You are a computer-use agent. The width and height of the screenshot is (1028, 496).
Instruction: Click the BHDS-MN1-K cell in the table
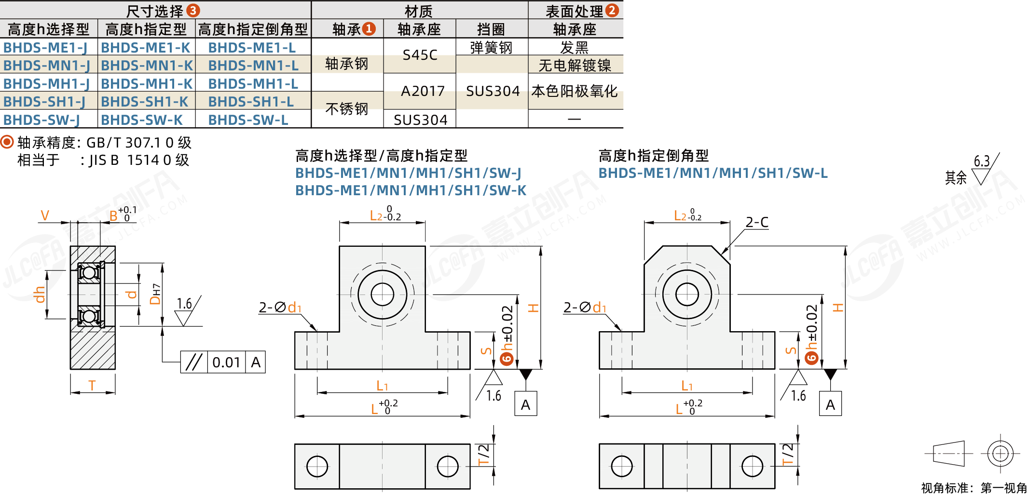click(147, 65)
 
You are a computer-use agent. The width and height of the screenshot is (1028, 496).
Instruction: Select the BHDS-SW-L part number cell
click(248, 120)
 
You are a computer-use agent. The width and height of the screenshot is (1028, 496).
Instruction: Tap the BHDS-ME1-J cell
click(45, 47)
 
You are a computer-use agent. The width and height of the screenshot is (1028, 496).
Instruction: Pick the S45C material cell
click(420, 55)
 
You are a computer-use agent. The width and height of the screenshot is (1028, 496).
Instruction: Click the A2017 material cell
click(423, 91)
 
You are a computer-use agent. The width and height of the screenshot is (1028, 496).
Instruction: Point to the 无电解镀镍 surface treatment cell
click(575, 65)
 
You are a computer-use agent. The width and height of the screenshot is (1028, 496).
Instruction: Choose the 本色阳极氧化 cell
click(575, 91)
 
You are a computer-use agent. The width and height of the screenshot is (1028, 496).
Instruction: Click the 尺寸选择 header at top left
click(155, 11)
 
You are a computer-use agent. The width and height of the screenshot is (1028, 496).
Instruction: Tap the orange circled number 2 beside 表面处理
click(612, 10)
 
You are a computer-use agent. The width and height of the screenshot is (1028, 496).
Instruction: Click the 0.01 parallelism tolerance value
click(226, 362)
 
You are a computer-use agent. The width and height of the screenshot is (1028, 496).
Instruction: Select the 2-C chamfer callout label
click(757, 222)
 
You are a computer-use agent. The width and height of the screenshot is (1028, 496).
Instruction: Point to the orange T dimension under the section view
click(92, 385)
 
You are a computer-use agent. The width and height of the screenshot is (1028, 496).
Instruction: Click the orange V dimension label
click(45, 215)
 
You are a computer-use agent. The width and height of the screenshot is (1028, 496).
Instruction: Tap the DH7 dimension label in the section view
click(155, 294)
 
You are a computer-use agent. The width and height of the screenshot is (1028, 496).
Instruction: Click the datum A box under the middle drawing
click(525, 404)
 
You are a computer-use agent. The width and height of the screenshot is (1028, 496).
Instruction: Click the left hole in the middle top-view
click(317, 466)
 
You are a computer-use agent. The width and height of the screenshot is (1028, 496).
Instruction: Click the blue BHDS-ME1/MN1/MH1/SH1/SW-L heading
click(713, 173)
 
